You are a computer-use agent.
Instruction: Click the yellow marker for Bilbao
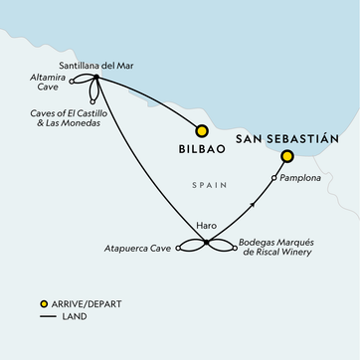pyautogui.click(x=203, y=129)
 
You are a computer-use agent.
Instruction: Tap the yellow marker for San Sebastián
pyautogui.click(x=286, y=156)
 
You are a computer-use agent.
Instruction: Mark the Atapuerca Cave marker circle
pyautogui.click(x=179, y=250)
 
